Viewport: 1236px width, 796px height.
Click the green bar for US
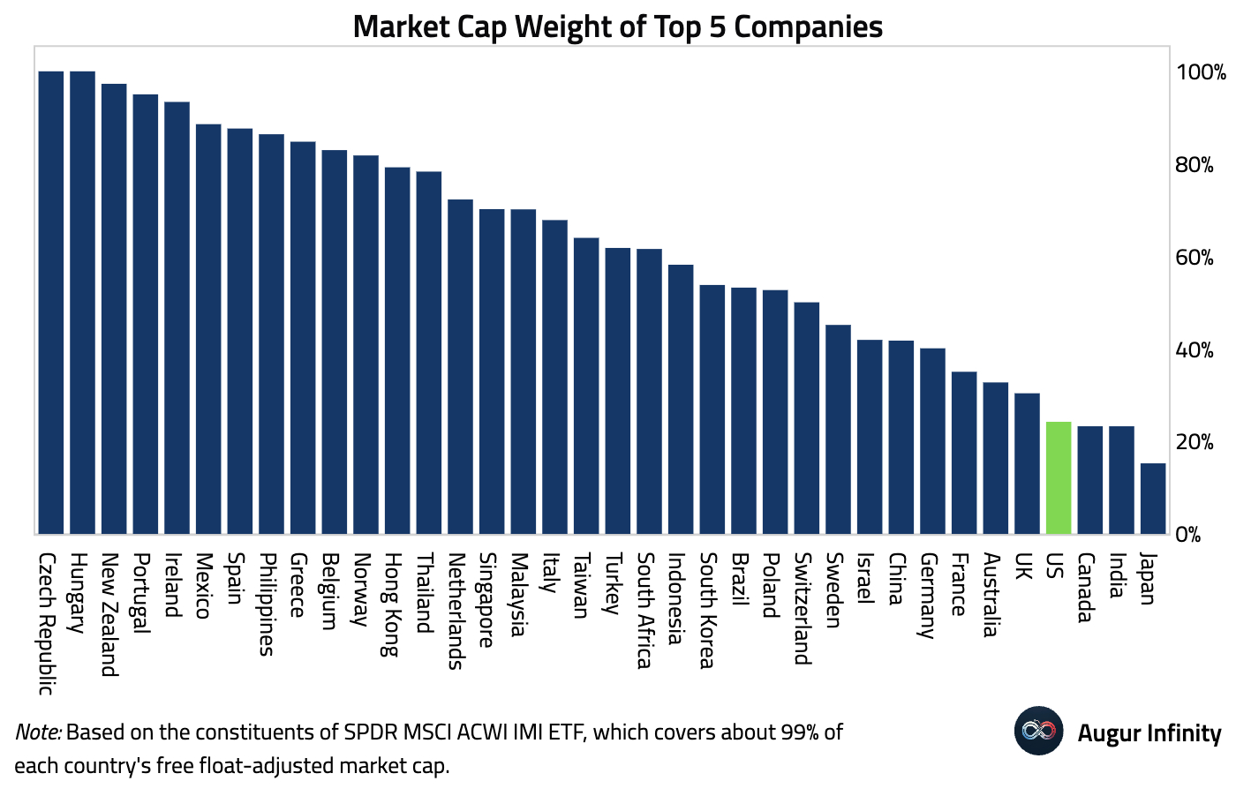1058,477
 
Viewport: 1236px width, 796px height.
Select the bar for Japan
1152,499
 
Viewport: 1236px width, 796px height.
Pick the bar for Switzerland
806,418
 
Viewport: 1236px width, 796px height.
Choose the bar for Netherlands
460,367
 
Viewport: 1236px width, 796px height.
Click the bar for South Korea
712,409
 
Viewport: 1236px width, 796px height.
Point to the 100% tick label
1201,73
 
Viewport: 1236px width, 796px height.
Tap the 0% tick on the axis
1188,535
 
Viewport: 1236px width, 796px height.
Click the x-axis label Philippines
267,605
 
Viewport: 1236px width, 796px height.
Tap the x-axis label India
1117,575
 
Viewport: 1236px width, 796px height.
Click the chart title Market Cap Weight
617,26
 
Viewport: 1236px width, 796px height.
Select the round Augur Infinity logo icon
1038,731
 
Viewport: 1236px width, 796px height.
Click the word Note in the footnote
37,732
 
